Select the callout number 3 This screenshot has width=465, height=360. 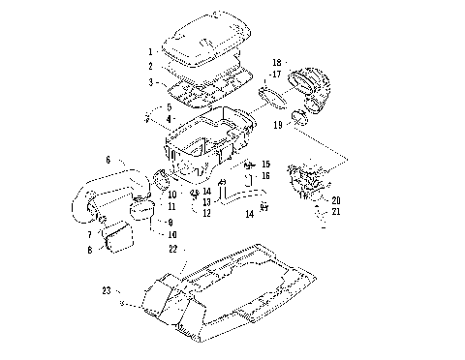pos(151,83)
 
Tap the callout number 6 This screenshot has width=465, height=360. pos(108,160)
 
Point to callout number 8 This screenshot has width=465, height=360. pos(90,250)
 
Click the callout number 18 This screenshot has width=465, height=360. pos(276,61)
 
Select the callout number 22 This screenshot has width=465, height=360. pos(172,248)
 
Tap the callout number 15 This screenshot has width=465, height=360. pos(266,165)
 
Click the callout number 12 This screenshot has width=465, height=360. pos(206,212)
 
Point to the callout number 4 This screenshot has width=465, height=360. pos(169,118)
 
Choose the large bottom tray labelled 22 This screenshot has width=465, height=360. pos(232,285)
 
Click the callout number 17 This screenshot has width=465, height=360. pos(276,74)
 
